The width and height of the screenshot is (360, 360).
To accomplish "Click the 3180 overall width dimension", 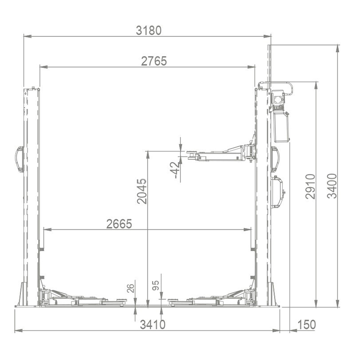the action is pyautogui.click(x=149, y=31).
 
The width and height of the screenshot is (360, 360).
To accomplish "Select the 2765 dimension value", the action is pyautogui.click(x=154, y=61).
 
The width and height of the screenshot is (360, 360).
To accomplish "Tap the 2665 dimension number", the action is pyautogui.click(x=119, y=224).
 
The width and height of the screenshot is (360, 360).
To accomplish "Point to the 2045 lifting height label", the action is pyautogui.click(x=142, y=191).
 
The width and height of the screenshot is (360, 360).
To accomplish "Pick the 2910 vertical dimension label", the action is pyautogui.click(x=310, y=186).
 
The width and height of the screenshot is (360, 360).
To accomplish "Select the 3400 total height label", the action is pyautogui.click(x=332, y=186).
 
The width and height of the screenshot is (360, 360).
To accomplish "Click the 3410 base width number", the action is pyautogui.click(x=153, y=324).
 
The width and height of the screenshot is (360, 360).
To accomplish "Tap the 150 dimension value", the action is pyautogui.click(x=306, y=324).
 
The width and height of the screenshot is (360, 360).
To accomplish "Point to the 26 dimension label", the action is pyautogui.click(x=130, y=288).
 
